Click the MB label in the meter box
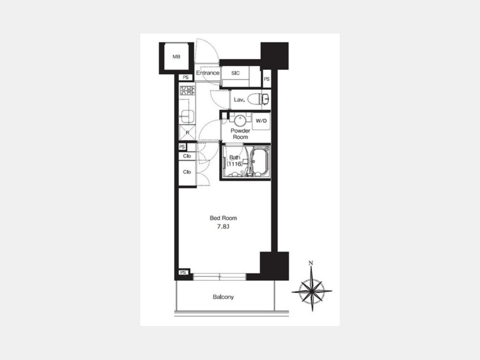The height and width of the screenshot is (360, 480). pos(177,57)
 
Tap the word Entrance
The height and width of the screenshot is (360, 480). pos(207,73)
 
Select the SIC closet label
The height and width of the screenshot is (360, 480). pos(235,73)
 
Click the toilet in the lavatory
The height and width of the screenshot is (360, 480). pos(258,99)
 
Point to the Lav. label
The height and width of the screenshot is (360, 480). pos(239,100)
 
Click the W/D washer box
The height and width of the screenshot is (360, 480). pos(261,121)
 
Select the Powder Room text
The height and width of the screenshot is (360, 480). pos(241,134)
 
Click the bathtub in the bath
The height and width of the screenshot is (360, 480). pos(260,162)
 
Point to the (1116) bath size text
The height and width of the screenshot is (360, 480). pos(235,164)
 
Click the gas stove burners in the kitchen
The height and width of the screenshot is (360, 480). pos(187,91)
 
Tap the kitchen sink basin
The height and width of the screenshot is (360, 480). pos(187,116)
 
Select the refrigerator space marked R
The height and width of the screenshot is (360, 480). pos(187,133)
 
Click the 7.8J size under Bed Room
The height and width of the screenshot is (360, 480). pos(223,227)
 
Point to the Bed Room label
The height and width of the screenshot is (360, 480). pos(223,218)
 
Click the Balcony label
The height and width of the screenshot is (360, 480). pos(223,297)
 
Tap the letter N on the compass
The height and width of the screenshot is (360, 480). pos(311,263)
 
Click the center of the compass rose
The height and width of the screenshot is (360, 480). pos(312,291)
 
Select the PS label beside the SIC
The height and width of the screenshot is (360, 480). pos(267,79)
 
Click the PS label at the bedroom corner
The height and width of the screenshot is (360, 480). pos(183,273)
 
